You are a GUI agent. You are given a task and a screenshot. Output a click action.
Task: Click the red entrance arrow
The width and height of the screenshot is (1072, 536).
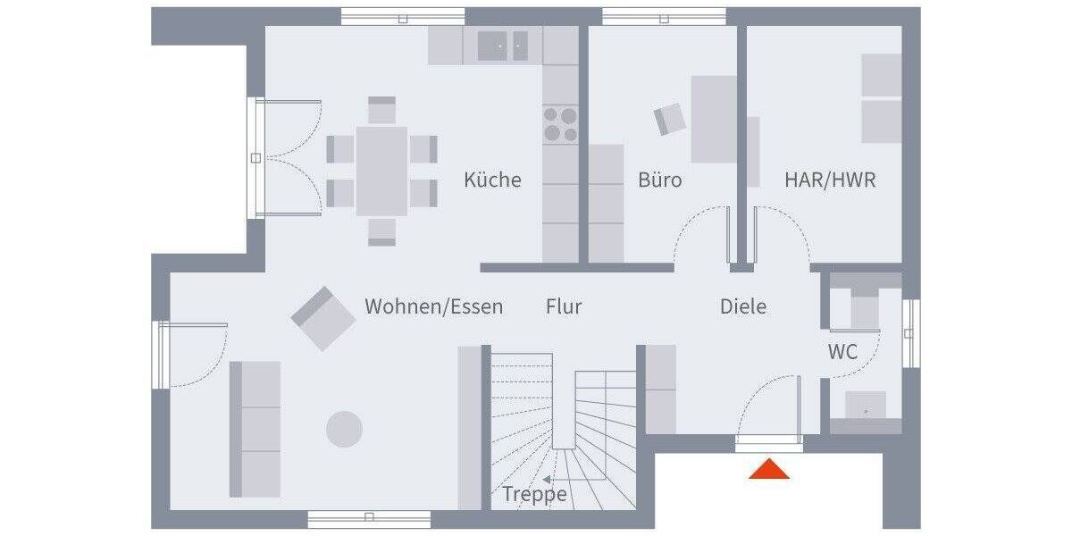pos(768,469)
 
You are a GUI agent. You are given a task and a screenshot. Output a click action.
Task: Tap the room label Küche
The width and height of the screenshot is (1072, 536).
pos(492,180)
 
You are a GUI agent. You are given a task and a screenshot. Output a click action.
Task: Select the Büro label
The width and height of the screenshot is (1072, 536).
pos(659,180)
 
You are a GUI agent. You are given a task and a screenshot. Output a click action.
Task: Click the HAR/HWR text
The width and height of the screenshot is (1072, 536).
pos(830,180)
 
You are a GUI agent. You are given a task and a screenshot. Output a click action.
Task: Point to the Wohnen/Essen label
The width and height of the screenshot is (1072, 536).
pos(433,306)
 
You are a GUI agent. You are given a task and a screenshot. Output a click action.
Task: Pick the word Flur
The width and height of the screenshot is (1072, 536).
pos(564,306)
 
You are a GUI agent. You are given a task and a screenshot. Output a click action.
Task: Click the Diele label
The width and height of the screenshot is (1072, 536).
pos(743,306)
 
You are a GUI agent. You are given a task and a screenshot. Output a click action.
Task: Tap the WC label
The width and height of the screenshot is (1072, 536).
pos(842,352)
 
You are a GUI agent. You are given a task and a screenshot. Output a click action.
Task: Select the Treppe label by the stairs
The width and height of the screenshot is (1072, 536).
pos(534,494)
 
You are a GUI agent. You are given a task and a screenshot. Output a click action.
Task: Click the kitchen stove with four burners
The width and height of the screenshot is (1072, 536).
pos(560,125)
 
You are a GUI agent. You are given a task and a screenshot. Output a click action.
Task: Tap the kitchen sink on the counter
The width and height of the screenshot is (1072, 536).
pos(502,46)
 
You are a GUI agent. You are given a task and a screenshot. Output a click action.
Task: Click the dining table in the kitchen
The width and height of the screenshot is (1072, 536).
pos(381,170)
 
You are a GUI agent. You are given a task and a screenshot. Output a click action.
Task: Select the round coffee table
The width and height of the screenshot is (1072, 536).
pos(344,429)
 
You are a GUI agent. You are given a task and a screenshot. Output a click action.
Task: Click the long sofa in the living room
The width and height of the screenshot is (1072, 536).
pos(255,429)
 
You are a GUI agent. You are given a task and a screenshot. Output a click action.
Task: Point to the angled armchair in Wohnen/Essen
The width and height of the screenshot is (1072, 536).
pos(322,317)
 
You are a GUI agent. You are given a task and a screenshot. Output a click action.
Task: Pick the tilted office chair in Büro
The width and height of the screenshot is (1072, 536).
pos(670,119)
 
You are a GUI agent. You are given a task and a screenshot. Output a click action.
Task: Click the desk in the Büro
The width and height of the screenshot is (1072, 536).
pos(714,119)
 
